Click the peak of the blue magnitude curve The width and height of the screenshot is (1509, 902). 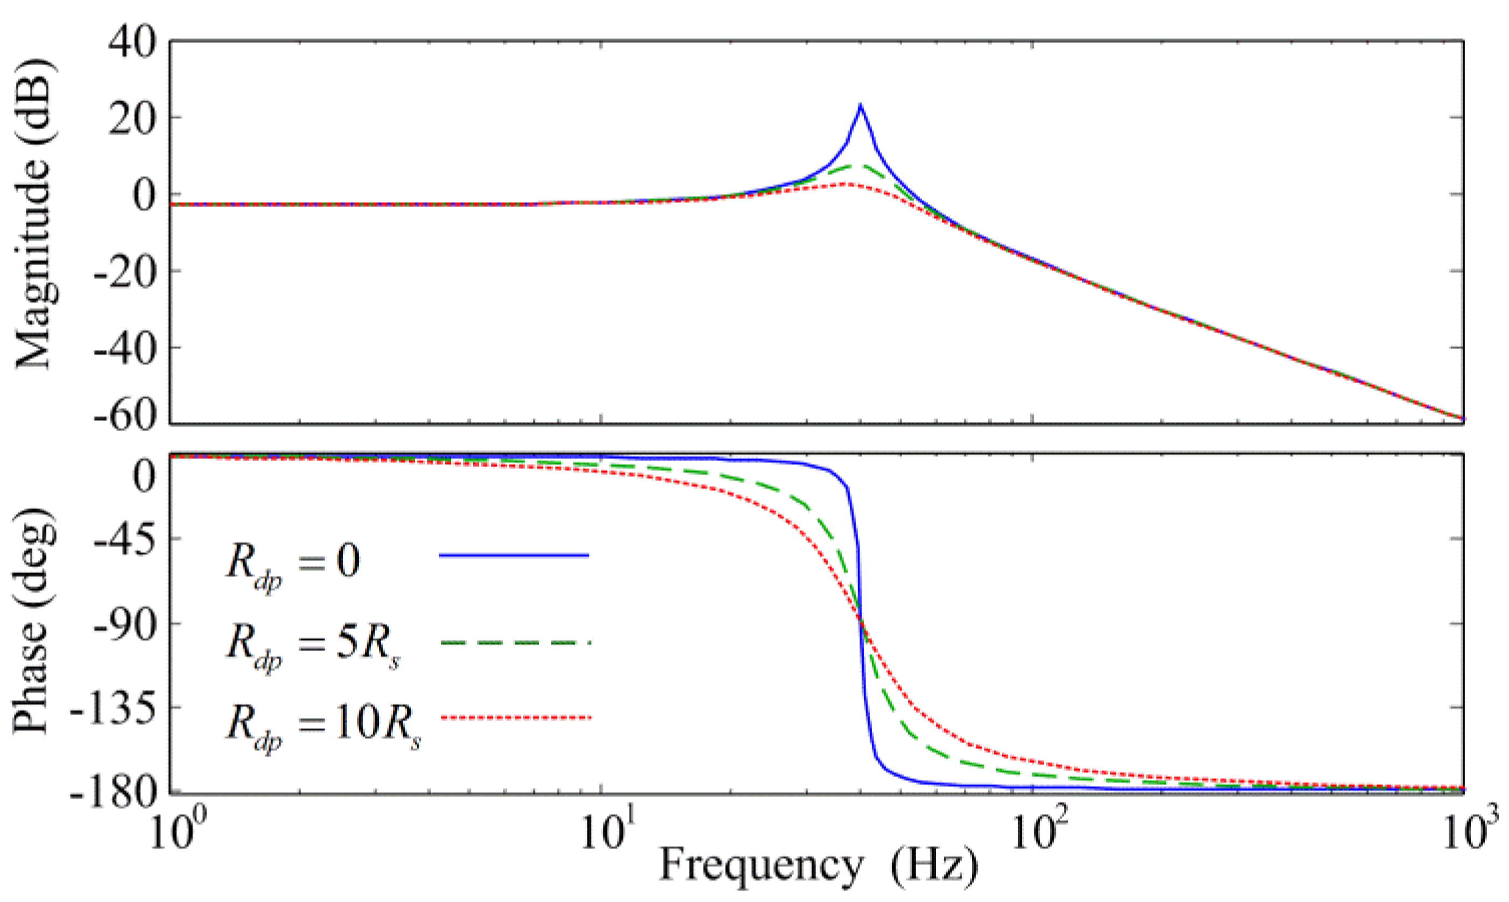[x=860, y=106]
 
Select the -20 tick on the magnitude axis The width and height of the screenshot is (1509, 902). [x=125, y=271]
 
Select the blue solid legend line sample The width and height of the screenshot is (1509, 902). [x=514, y=555]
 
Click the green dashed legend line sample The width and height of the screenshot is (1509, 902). [x=514, y=643]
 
